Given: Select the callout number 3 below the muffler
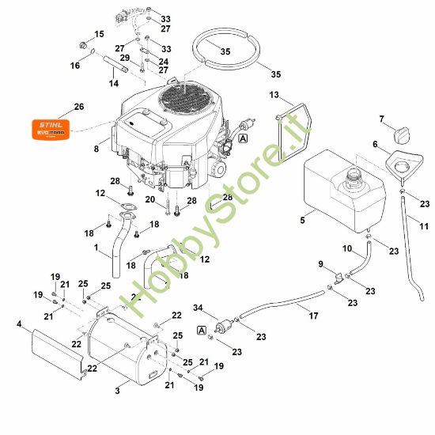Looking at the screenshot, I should tap(116, 390).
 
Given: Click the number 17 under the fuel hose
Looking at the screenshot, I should tap(314, 316).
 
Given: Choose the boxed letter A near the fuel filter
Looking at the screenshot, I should tap(203, 330).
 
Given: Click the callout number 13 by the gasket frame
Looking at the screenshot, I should tap(274, 95).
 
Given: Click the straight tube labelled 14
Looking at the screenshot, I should tap(115, 71).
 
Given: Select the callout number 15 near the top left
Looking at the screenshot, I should tap(99, 34).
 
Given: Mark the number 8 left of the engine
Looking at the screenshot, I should tap(96, 148).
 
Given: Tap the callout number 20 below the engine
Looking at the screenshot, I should tap(149, 199).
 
